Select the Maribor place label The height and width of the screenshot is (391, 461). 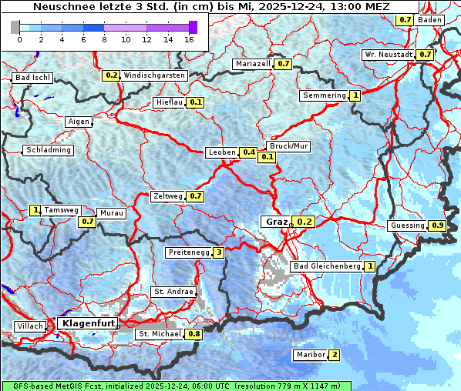(310, 355)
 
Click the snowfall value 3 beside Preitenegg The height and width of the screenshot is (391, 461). (219, 252)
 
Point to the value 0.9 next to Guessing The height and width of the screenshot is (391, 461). (437, 226)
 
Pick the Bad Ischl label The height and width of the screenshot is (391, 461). (32, 79)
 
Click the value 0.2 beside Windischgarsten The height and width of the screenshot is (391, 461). (112, 75)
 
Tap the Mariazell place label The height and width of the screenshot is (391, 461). (254, 64)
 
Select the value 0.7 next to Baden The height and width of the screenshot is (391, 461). (405, 19)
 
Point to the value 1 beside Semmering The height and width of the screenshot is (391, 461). (355, 95)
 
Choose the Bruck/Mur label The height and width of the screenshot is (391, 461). (288, 145)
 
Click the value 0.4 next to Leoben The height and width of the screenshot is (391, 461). (248, 152)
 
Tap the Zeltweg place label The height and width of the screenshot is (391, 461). (168, 196)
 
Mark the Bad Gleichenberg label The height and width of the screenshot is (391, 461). (327, 266)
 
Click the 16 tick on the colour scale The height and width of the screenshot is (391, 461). (190, 39)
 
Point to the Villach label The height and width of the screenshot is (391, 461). (29, 326)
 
